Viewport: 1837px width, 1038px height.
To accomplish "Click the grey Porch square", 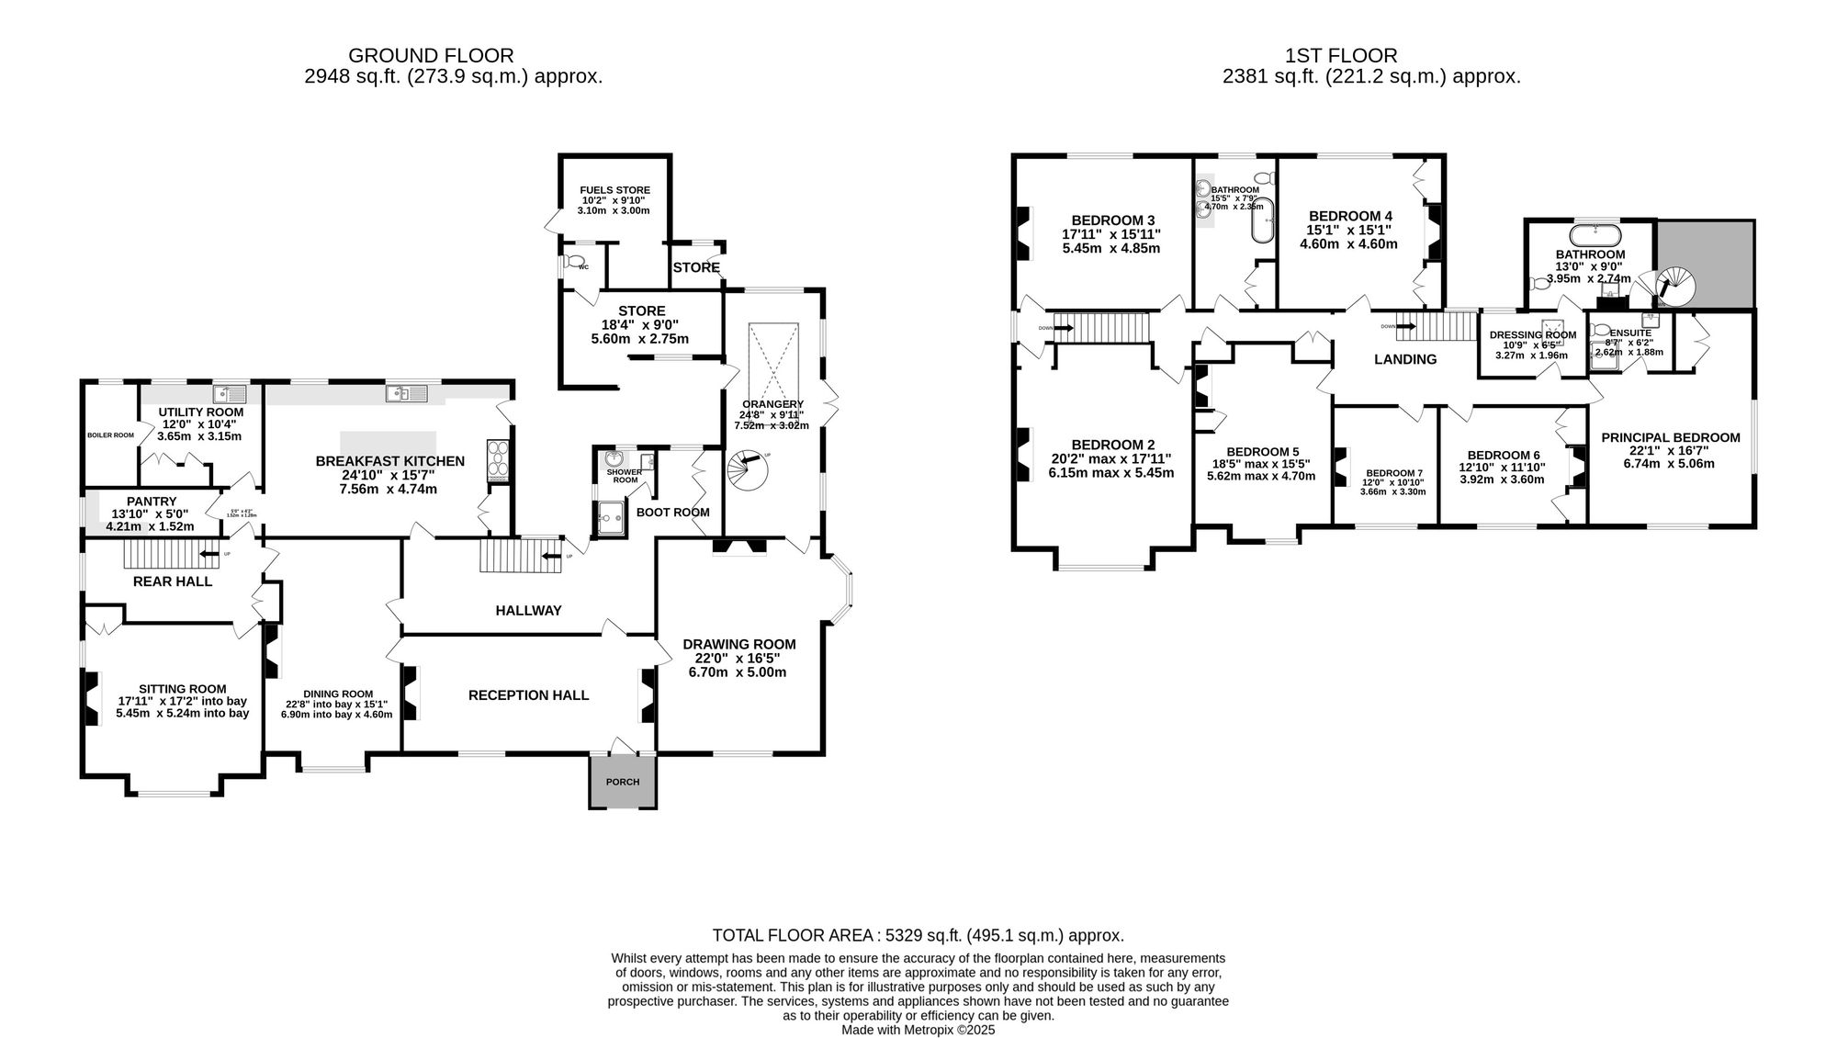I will pyautogui.click(x=623, y=783).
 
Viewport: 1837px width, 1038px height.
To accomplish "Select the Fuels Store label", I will pyautogui.click(x=614, y=190).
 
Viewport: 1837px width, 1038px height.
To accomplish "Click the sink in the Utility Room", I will pyautogui.click(x=229, y=394).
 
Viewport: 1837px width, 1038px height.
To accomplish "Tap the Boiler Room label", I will pyautogui.click(x=110, y=435).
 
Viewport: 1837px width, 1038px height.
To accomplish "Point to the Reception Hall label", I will pyautogui.click(x=528, y=695).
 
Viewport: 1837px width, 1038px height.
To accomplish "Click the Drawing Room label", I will pyautogui.click(x=738, y=644).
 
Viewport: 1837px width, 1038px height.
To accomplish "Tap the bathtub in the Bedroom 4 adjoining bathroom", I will pyautogui.click(x=1264, y=220).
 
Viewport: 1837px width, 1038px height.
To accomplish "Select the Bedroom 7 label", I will pyautogui.click(x=1393, y=473).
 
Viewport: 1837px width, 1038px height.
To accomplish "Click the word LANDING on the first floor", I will pyautogui.click(x=1404, y=359).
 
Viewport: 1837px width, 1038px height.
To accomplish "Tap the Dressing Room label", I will pyautogui.click(x=1532, y=335).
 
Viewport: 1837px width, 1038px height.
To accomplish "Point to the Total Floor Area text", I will pyautogui.click(x=918, y=935).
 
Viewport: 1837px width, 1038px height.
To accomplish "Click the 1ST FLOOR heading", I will pyautogui.click(x=1371, y=56).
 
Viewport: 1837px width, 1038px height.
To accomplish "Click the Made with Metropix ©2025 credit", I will pyautogui.click(x=918, y=1030).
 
